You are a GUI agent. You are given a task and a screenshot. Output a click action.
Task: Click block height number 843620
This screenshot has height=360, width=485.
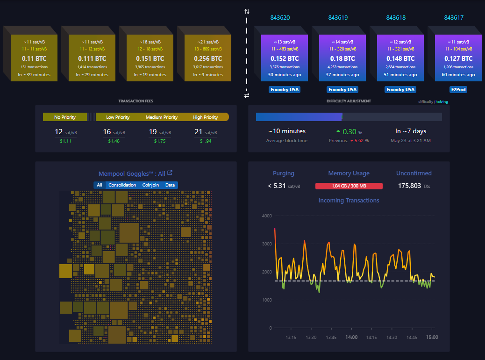coord(280,18)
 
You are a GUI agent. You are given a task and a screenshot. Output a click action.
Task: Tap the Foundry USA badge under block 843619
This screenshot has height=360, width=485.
coord(343,89)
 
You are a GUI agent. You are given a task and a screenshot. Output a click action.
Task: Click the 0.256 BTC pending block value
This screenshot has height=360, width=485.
coord(208,58)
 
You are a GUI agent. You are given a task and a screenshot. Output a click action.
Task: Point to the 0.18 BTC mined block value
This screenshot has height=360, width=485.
coord(343,58)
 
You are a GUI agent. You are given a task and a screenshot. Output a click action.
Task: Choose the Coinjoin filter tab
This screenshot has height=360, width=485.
coord(150,185)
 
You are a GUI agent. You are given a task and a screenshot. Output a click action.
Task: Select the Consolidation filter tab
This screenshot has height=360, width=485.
coord(122,185)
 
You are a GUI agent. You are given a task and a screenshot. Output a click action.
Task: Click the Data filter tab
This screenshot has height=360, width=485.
coord(170,185)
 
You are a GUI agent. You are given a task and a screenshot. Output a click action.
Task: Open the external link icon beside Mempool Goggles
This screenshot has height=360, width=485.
coord(170,173)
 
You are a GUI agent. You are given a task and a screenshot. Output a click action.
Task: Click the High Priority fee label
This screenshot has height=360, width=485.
coord(205,117)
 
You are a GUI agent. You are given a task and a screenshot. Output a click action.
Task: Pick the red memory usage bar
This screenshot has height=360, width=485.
coord(349,186)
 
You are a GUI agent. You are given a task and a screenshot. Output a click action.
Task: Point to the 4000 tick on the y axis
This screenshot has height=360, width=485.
coord(267,216)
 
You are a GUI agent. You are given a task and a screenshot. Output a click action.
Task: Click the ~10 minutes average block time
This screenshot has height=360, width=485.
coord(286,131)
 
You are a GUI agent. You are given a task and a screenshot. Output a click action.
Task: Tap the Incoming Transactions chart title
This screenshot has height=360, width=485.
coord(349,201)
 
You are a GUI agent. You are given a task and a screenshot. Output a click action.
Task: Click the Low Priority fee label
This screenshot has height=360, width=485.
coord(118,117)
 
